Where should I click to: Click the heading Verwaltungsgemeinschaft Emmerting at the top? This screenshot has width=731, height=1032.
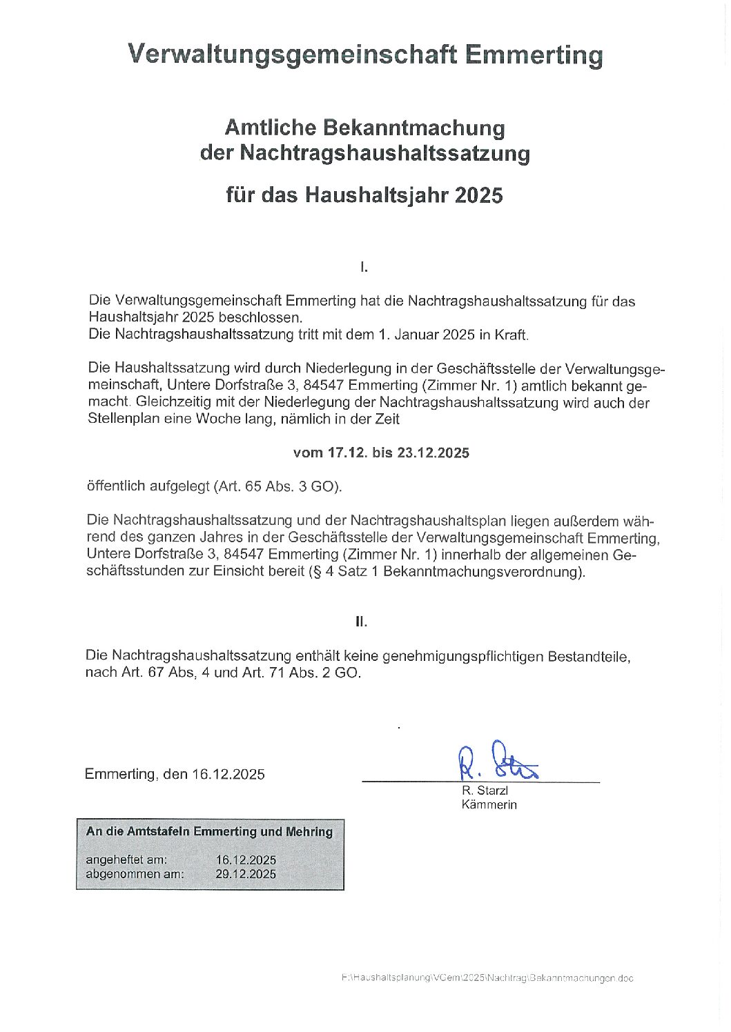[364, 54]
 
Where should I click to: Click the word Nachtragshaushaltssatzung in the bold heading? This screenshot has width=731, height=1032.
[384, 153]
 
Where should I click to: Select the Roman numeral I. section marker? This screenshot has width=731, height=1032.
[364, 266]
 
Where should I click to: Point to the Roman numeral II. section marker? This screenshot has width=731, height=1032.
[361, 622]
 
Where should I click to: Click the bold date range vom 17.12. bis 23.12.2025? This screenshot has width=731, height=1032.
[381, 453]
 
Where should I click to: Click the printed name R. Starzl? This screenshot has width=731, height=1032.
[485, 791]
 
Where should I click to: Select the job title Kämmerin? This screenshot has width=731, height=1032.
[489, 804]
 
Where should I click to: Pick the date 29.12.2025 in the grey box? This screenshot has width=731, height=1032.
[246, 874]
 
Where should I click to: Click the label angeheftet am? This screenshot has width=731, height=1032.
[126, 860]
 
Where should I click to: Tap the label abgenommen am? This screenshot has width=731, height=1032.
[135, 874]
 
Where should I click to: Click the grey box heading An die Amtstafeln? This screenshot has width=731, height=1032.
[209, 832]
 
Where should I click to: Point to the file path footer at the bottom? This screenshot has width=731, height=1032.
[487, 978]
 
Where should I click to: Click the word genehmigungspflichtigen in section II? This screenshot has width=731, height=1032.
[463, 656]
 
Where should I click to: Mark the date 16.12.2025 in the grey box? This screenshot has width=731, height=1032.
[246, 860]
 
